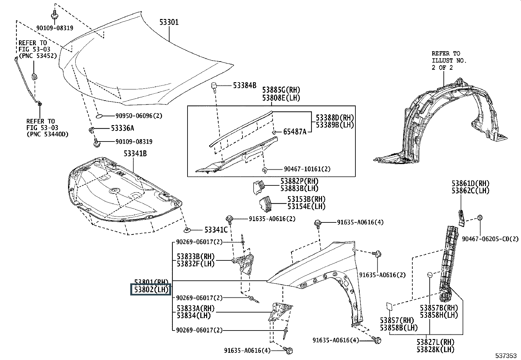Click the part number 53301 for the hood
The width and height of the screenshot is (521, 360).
click(169, 22)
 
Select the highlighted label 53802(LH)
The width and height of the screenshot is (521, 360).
click(151, 290)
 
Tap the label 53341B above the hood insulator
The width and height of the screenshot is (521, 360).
click(135, 153)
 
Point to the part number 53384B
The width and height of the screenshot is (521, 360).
click(244, 85)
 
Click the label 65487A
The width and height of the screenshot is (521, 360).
click(295, 132)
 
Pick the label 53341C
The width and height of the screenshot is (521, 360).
click(216, 230)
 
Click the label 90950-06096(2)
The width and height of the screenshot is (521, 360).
click(139, 116)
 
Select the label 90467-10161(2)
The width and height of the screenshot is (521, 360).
click(307, 169)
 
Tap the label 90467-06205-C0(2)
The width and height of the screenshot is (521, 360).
click(490, 239)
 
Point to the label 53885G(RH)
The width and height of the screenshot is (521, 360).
click(281, 90)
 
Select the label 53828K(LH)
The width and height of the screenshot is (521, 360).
click(435, 349)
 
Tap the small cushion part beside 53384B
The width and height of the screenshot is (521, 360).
click(214, 87)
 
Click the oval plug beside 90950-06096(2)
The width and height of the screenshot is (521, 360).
click(101, 116)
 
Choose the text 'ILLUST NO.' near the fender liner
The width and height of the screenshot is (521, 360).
click(449, 61)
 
